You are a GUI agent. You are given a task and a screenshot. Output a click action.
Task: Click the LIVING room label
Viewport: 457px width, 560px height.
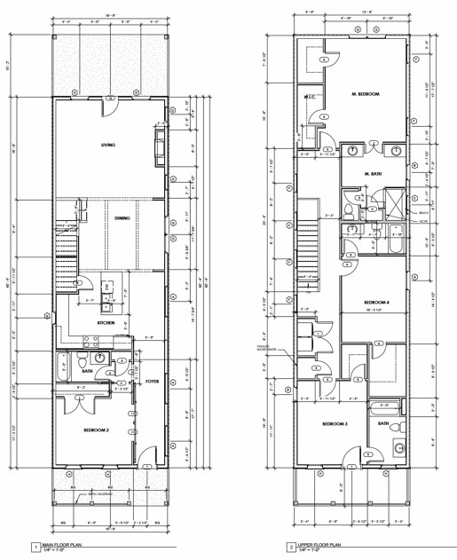pyautogui.click(x=108, y=145)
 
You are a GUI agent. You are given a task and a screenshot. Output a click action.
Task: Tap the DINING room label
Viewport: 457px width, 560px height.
pyautogui.click(x=123, y=216)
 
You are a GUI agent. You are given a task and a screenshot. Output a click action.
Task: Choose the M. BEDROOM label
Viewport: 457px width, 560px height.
pyautogui.click(x=365, y=93)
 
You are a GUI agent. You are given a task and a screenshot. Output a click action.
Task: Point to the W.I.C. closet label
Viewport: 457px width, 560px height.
pyautogui.click(x=310, y=97)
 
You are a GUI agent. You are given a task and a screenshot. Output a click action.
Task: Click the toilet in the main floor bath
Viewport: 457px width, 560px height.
pyautogui.click(x=81, y=365)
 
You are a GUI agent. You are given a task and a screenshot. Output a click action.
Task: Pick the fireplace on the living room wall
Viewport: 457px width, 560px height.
pyautogui.click(x=159, y=141)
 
